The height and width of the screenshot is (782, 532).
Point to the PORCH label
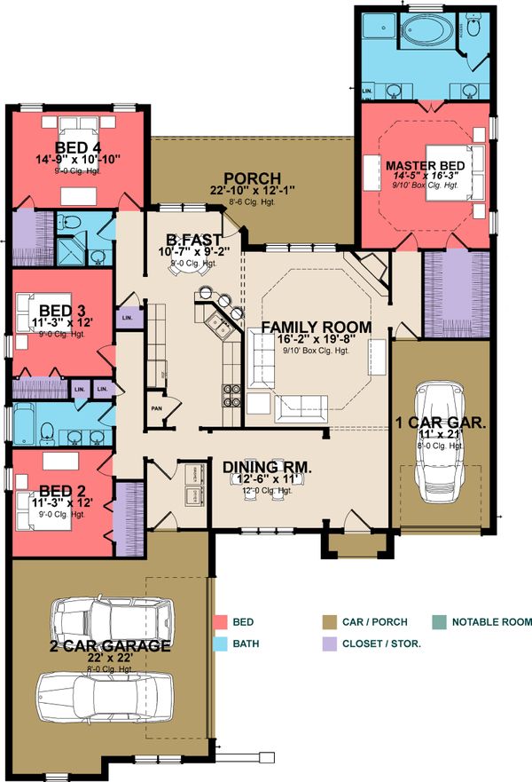pos(252,178)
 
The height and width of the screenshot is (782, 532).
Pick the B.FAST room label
pos(197,239)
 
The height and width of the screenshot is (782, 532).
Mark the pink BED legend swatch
pos(221,623)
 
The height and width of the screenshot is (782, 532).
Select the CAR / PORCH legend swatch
pos(330,623)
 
